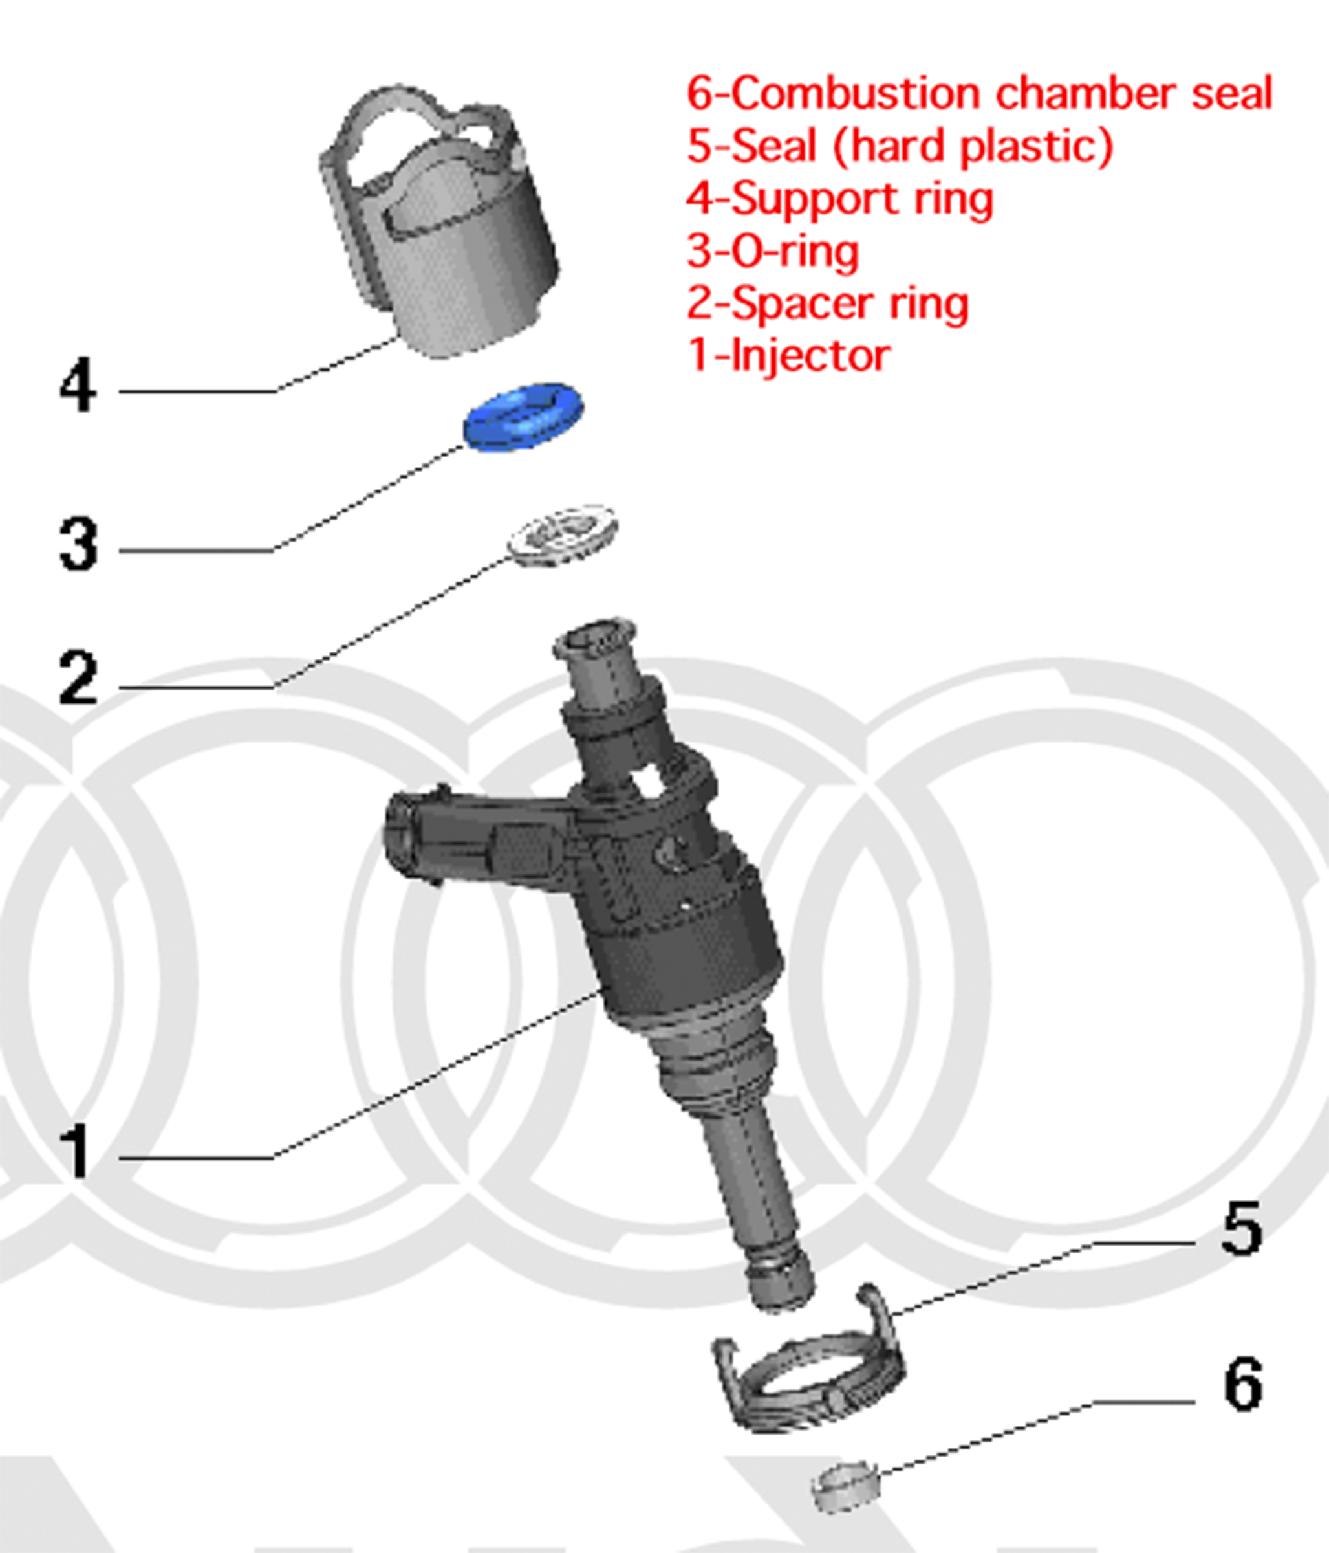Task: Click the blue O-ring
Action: pos(523,417)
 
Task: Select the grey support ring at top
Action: pos(440,225)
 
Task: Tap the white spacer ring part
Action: pos(562,534)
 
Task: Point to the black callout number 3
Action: pos(78,545)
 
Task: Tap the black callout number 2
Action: pos(78,678)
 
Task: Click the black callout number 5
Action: pos(1241,1228)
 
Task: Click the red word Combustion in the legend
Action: pos(855,94)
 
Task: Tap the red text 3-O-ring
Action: pos(772,251)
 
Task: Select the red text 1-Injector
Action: pos(789,356)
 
